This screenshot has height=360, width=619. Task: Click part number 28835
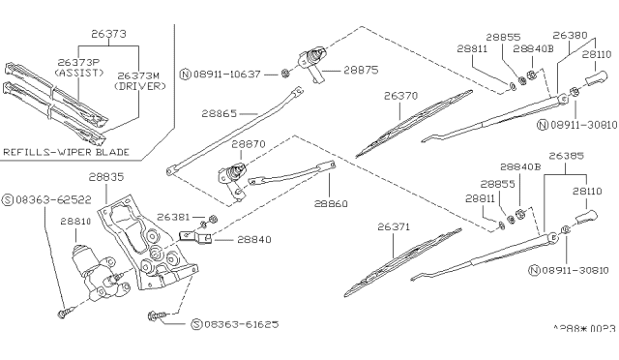point(107,178)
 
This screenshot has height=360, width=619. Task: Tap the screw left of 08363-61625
point(157,315)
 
